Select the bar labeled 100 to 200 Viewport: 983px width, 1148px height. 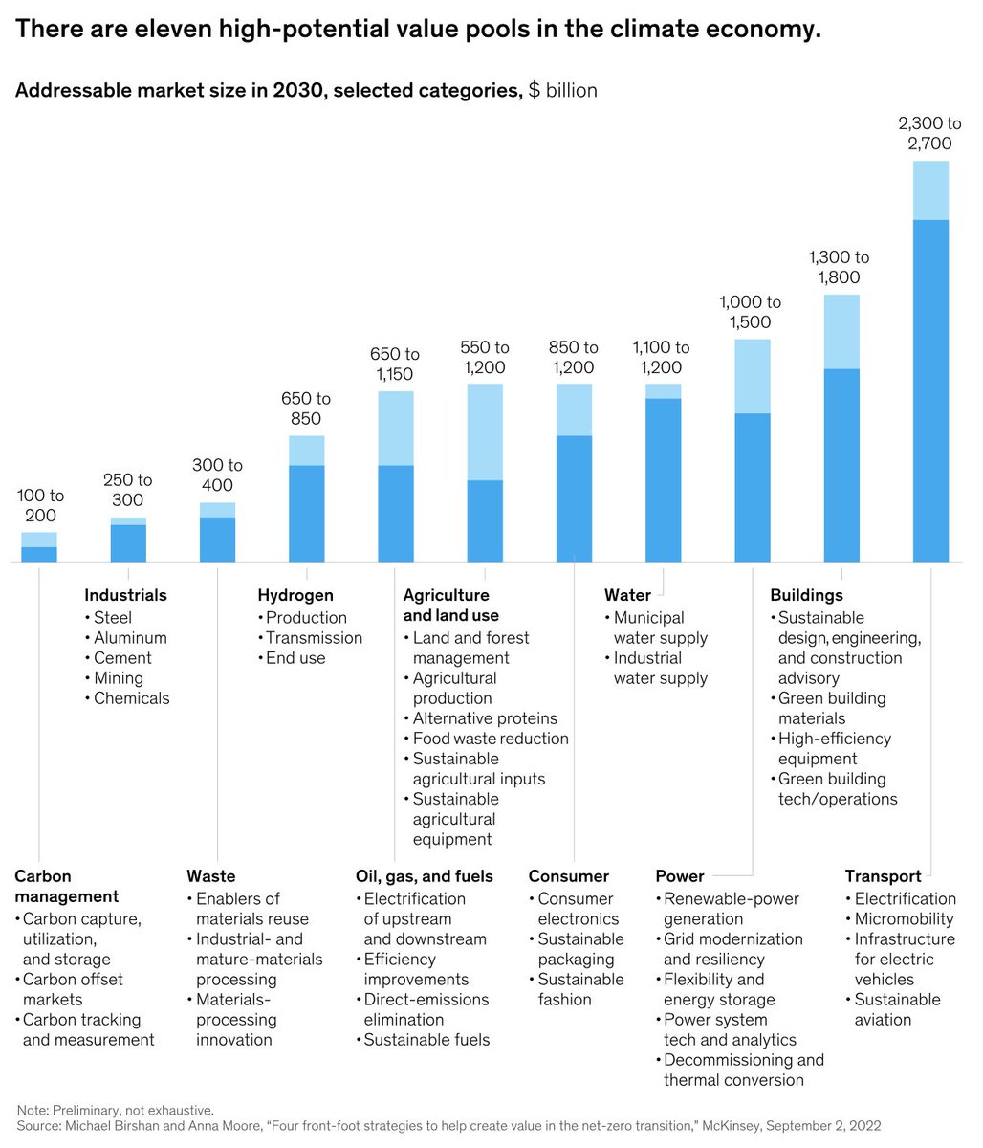(39, 548)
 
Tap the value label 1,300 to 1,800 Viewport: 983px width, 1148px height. (839, 268)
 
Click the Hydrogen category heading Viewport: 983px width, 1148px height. (295, 595)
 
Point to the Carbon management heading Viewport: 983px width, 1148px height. (66, 886)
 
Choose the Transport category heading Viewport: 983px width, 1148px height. (883, 876)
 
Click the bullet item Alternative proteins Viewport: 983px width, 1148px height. (484, 718)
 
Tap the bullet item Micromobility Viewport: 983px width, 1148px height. (904, 918)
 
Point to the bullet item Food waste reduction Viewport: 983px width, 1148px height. (490, 739)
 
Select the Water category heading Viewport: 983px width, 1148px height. (627, 595)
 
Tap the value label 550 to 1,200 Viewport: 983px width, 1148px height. (484, 357)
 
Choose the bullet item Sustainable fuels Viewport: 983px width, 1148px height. (426, 1040)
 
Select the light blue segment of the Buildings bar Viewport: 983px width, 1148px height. (841, 332)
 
